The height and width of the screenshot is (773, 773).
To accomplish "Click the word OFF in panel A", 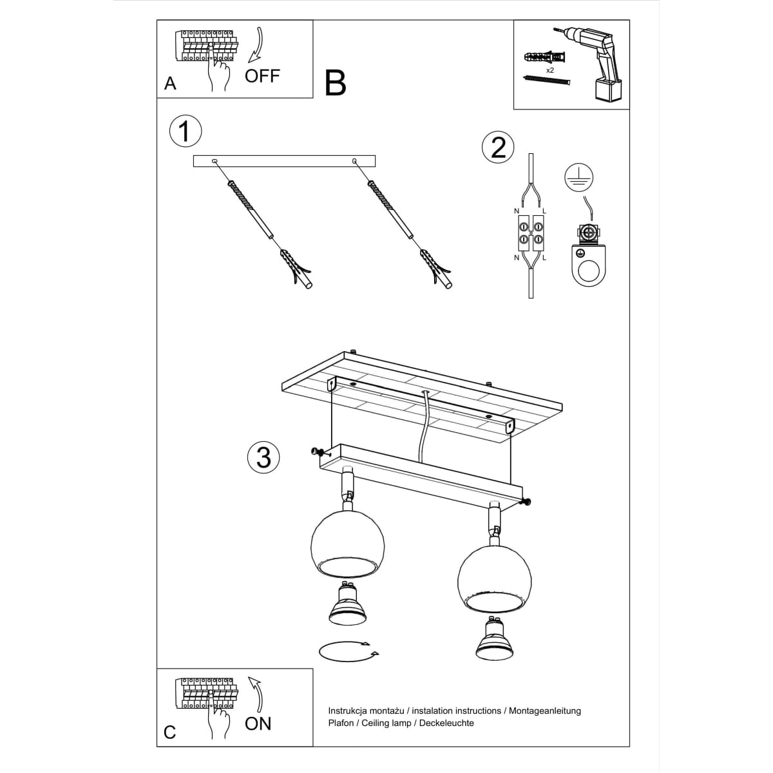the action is coord(262,76).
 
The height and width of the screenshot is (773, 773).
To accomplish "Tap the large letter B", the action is coord(336,83).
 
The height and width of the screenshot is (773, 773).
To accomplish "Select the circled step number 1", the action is coord(186,131).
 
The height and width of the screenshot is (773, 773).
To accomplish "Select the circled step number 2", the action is coord(498,148).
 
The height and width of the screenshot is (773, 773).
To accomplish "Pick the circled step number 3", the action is coord(263,458).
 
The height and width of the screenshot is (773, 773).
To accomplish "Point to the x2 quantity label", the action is coord(549,70).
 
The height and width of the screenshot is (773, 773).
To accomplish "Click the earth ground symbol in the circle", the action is coord(579,177).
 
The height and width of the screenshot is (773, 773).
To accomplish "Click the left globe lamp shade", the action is coord(347,545).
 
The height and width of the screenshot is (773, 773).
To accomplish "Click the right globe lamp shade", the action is coord(494,580).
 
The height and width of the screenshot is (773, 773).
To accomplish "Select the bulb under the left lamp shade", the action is coord(347,604).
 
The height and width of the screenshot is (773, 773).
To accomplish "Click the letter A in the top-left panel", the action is coord(170,84).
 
